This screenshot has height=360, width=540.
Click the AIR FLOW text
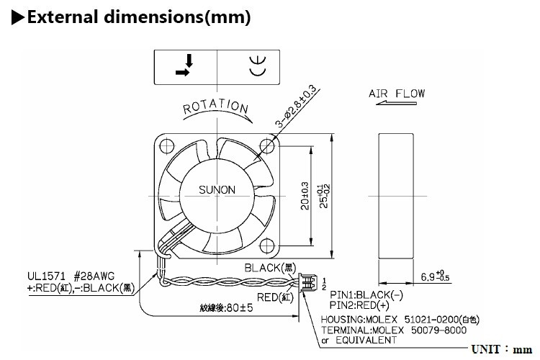tap(397, 94)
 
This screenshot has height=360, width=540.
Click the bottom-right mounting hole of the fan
tap(269, 244)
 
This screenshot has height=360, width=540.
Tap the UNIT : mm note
tap(500, 349)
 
